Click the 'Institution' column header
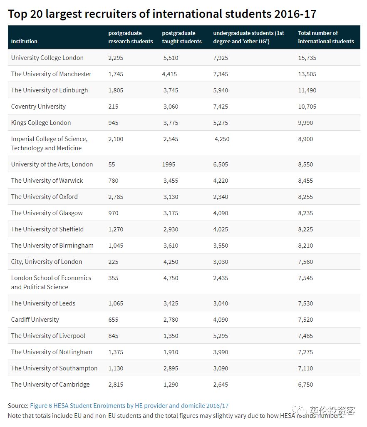(24, 41)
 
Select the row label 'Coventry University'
(38, 107)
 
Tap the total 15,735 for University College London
(307, 58)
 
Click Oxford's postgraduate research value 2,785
(116, 197)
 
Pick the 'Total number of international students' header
(326, 37)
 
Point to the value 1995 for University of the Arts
(169, 164)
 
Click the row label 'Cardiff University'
(35, 320)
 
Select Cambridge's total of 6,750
(305, 385)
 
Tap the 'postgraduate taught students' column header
(182, 37)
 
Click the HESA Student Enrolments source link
(129, 405)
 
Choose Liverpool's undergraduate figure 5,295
(221, 336)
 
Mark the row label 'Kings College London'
(41, 123)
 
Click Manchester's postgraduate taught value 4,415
(169, 74)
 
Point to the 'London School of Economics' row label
(51, 282)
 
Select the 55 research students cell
(112, 164)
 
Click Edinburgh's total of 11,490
(307, 90)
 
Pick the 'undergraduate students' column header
(248, 37)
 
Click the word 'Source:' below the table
(18, 405)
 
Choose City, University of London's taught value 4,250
(171, 262)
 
